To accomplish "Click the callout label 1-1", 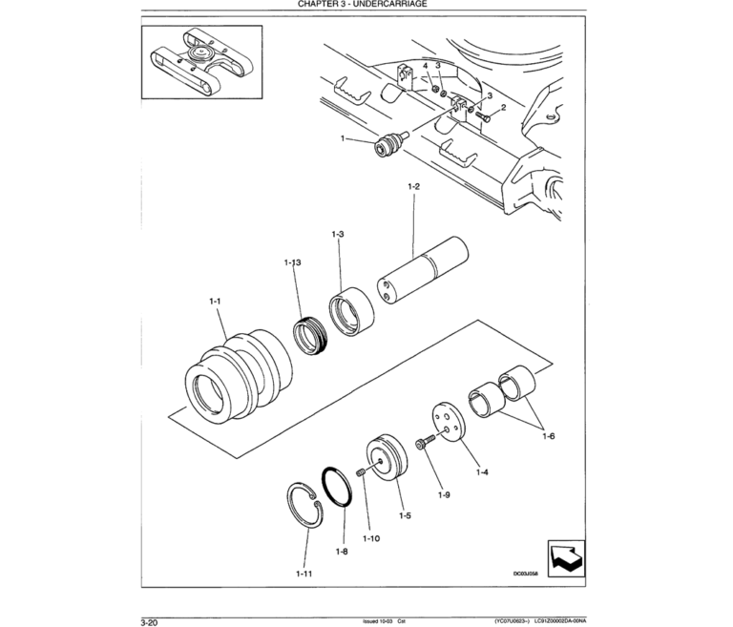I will pos(215,302).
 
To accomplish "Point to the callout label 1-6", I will pos(549,436).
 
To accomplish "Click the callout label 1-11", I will pos(304,573).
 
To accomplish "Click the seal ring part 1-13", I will pos(310,335).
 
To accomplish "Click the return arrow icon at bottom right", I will pos(565,559).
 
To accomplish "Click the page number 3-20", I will pos(149,620).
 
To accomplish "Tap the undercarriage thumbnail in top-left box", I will pos(199,62).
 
